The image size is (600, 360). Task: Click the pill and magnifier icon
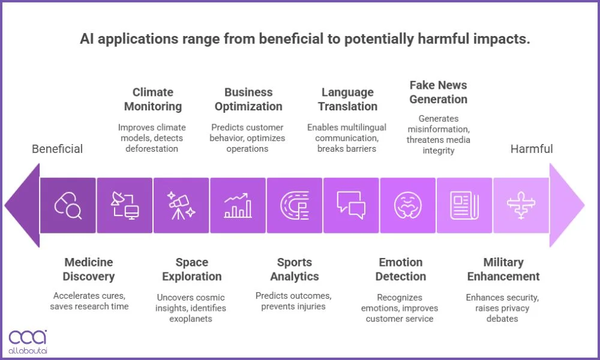[x=68, y=205]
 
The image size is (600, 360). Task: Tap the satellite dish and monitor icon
[x=125, y=205]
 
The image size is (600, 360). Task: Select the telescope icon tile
[x=181, y=205]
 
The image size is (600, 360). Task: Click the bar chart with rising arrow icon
[x=238, y=205]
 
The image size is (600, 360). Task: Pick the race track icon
[x=295, y=205]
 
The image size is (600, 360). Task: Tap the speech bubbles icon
[x=351, y=205]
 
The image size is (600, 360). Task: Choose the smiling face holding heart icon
[x=408, y=205]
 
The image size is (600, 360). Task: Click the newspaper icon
[x=464, y=206]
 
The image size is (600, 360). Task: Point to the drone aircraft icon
[x=521, y=205]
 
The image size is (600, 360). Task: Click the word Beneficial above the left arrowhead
[x=58, y=149]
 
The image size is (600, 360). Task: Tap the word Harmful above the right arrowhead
[x=532, y=149]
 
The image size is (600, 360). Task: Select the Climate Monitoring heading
[x=153, y=99]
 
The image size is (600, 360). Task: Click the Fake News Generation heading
[x=439, y=92]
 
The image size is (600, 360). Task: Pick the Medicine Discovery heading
[x=89, y=269]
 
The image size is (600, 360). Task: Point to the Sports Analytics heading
[x=295, y=269]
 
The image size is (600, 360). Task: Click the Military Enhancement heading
[x=503, y=269]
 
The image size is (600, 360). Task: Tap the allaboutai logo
[x=28, y=341]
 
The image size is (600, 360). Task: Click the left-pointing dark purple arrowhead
[x=22, y=205]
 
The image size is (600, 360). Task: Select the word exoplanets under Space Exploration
[x=191, y=319]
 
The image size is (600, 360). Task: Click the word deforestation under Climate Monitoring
[x=152, y=148]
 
